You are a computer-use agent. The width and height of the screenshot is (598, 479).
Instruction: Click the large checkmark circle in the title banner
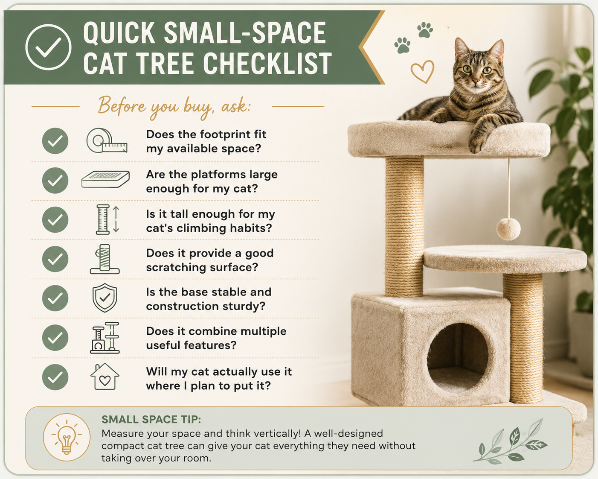(48, 47)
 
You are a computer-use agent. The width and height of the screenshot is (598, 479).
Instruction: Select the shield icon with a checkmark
(105, 298)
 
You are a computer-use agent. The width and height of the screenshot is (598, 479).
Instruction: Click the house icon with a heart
(105, 377)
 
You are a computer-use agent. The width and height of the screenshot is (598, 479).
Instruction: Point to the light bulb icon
(67, 438)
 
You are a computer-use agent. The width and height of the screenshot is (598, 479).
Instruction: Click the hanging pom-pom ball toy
(508, 229)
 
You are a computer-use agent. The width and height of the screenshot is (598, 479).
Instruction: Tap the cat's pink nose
(476, 82)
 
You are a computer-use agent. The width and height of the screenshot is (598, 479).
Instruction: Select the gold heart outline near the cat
(423, 71)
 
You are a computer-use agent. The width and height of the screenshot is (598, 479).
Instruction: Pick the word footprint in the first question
(225, 135)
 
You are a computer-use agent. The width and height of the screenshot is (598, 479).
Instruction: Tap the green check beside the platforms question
(55, 181)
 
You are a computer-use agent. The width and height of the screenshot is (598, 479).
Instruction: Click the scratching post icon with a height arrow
(107, 219)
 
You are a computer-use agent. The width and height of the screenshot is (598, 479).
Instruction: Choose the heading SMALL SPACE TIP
(151, 420)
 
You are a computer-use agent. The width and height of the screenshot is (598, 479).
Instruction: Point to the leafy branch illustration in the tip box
(510, 442)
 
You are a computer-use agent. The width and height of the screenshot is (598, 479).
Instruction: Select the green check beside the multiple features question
(55, 338)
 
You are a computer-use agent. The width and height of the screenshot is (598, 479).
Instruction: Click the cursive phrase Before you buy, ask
(174, 107)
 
